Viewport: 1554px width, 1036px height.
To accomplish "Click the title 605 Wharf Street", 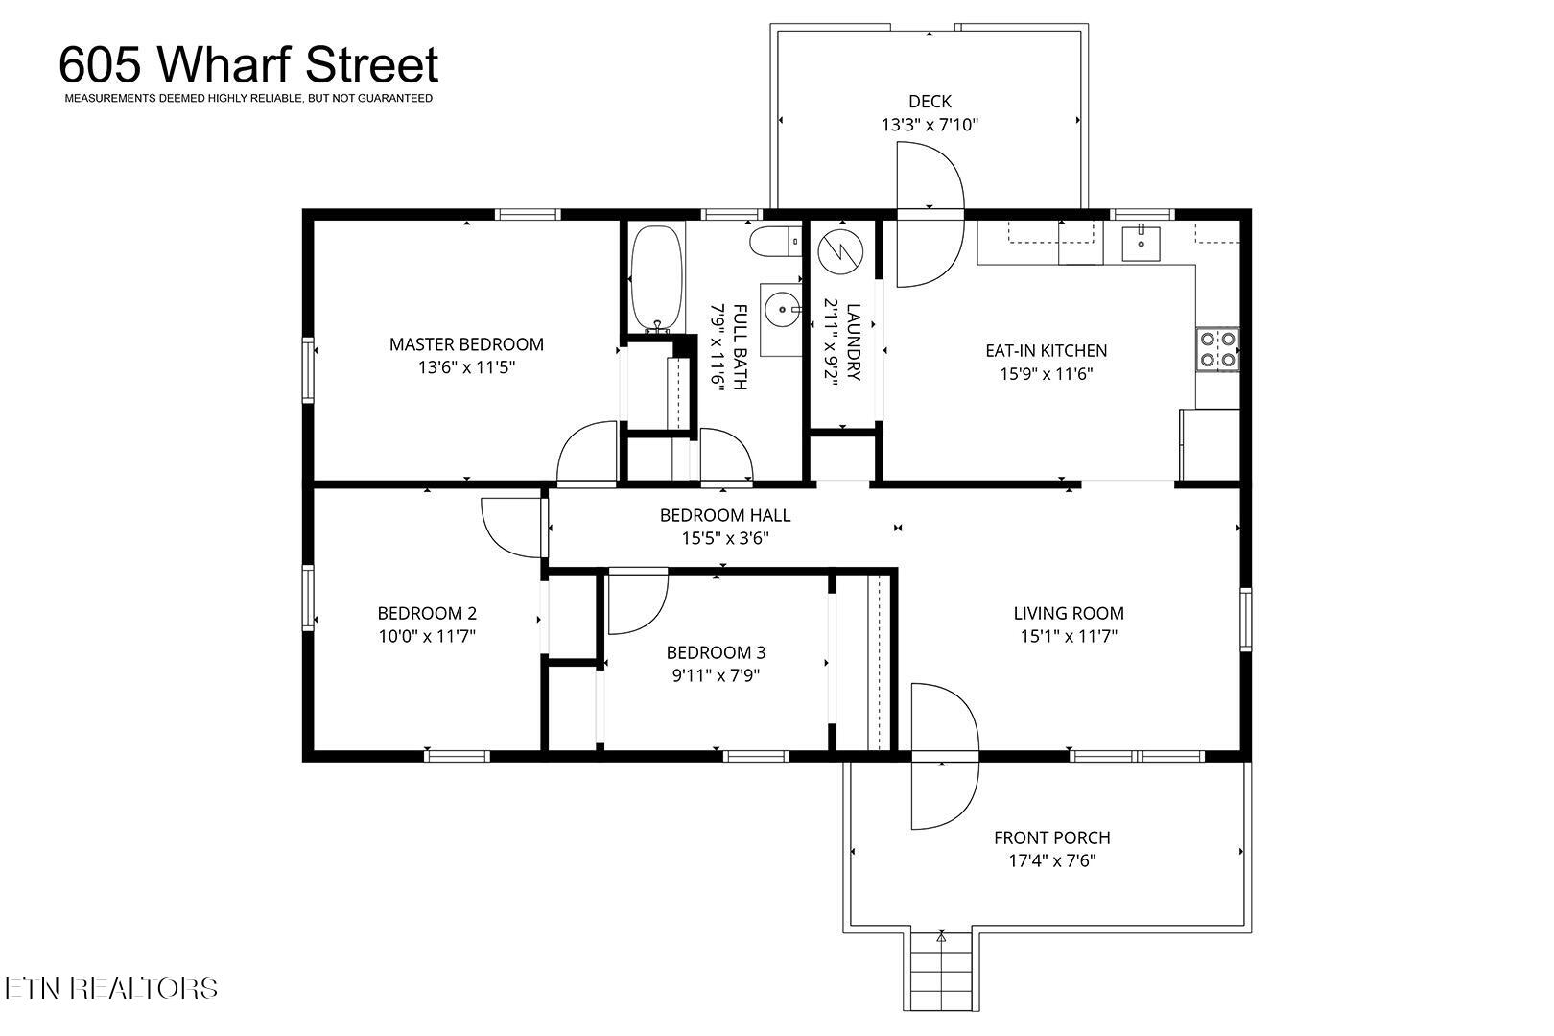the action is [248, 64].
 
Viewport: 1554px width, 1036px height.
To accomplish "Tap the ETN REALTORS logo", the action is [111, 988].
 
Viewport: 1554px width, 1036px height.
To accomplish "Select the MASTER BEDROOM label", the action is [466, 344].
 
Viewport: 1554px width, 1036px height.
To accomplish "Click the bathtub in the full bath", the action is [656, 279].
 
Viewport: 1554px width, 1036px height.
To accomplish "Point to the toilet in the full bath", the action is [775, 241].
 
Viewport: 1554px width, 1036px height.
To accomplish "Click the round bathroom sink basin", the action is [782, 310].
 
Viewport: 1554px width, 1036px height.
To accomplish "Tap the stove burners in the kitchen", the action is [1217, 349].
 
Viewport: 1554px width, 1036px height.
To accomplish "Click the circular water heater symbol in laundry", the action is [841, 250].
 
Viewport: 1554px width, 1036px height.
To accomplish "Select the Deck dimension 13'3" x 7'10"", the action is [930, 125].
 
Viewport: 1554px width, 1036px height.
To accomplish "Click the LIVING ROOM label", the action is [1069, 613].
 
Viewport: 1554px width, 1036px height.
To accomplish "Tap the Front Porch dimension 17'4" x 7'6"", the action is [1052, 861].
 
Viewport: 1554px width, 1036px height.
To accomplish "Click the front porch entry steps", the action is [941, 972].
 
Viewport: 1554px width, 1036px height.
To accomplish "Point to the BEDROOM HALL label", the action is [725, 515].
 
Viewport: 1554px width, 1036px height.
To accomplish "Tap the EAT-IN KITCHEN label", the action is [1047, 351].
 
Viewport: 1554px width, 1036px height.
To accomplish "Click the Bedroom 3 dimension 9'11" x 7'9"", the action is [716, 676].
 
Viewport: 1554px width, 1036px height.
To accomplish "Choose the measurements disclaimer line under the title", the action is [248, 99].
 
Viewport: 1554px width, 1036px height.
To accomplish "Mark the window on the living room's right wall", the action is [1246, 620].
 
